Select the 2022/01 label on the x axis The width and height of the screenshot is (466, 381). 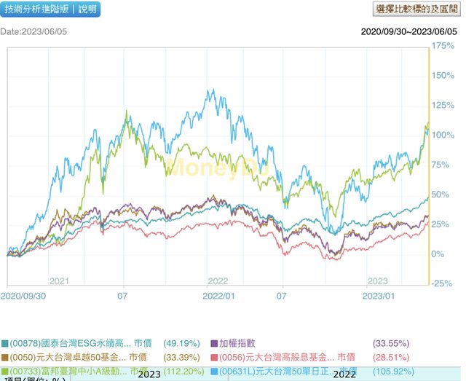(218, 296)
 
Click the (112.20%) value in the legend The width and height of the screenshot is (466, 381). (176, 370)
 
